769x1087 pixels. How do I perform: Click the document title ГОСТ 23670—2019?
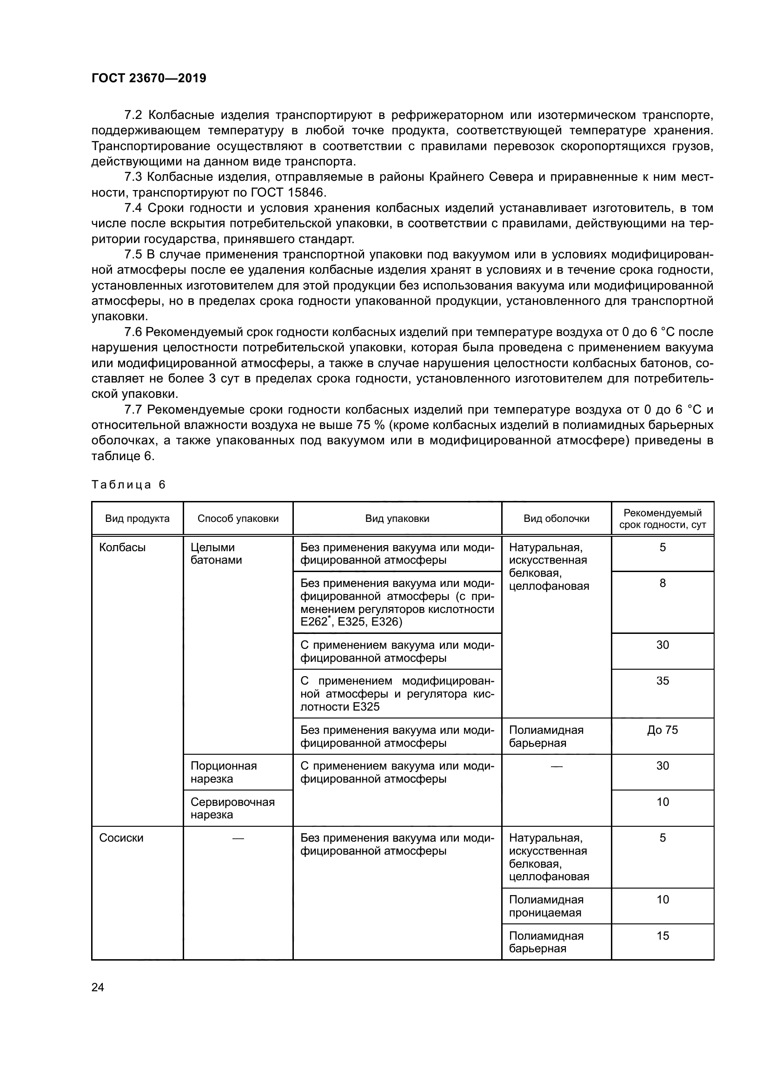pos(149,79)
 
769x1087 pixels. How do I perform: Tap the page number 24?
pos(98,987)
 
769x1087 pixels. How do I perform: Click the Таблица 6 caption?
pos(128,484)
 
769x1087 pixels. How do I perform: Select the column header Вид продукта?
pos(137,519)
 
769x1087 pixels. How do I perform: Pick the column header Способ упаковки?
pos(238,519)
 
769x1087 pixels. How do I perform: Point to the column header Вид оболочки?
pos(557,519)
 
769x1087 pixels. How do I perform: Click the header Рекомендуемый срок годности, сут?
pos(662,519)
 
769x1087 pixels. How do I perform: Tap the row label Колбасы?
pos(122,547)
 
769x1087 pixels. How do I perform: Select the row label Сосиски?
pos(121,838)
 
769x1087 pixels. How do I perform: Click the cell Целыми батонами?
pos(216,553)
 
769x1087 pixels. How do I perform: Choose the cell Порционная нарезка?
pos(224,772)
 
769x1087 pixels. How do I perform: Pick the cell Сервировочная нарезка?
pos(232,808)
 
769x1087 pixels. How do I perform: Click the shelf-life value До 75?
pos(662,730)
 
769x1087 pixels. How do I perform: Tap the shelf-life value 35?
pos(662,681)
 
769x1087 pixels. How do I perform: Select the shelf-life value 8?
pos(662,583)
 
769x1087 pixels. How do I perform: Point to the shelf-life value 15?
pos(662,935)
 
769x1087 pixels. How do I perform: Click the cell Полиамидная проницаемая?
pos(546,906)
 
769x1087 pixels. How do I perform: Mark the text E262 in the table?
pos(313,622)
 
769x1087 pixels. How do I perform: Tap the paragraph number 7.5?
pos(133,255)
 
